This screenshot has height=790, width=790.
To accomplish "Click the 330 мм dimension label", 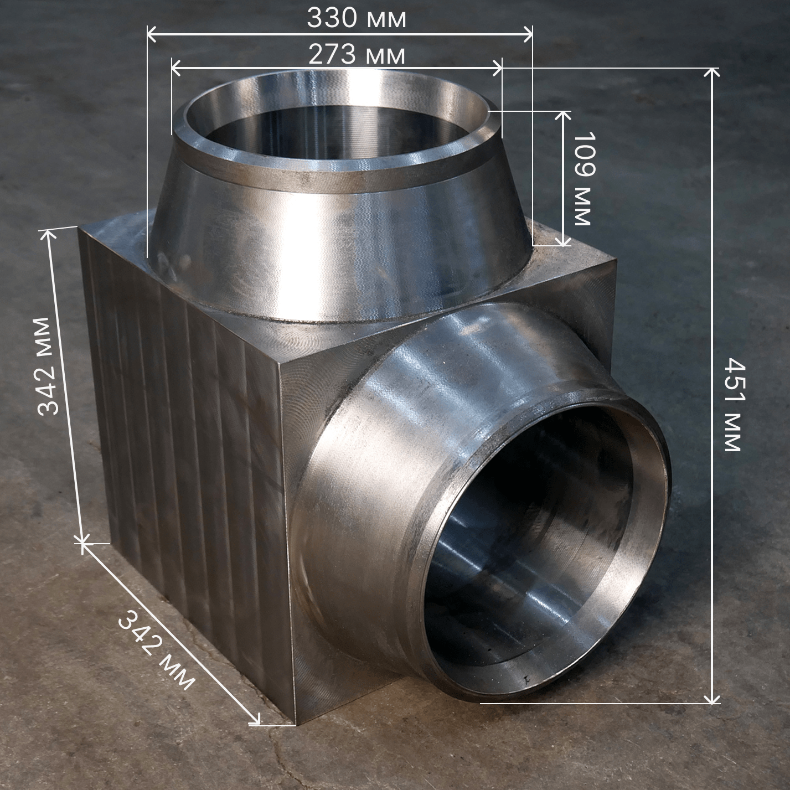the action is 357,19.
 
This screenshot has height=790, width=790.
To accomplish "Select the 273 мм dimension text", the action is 357,55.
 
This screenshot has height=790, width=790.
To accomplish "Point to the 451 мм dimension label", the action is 734,404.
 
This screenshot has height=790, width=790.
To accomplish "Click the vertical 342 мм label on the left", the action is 49,366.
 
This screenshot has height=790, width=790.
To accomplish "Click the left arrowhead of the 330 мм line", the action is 152,34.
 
